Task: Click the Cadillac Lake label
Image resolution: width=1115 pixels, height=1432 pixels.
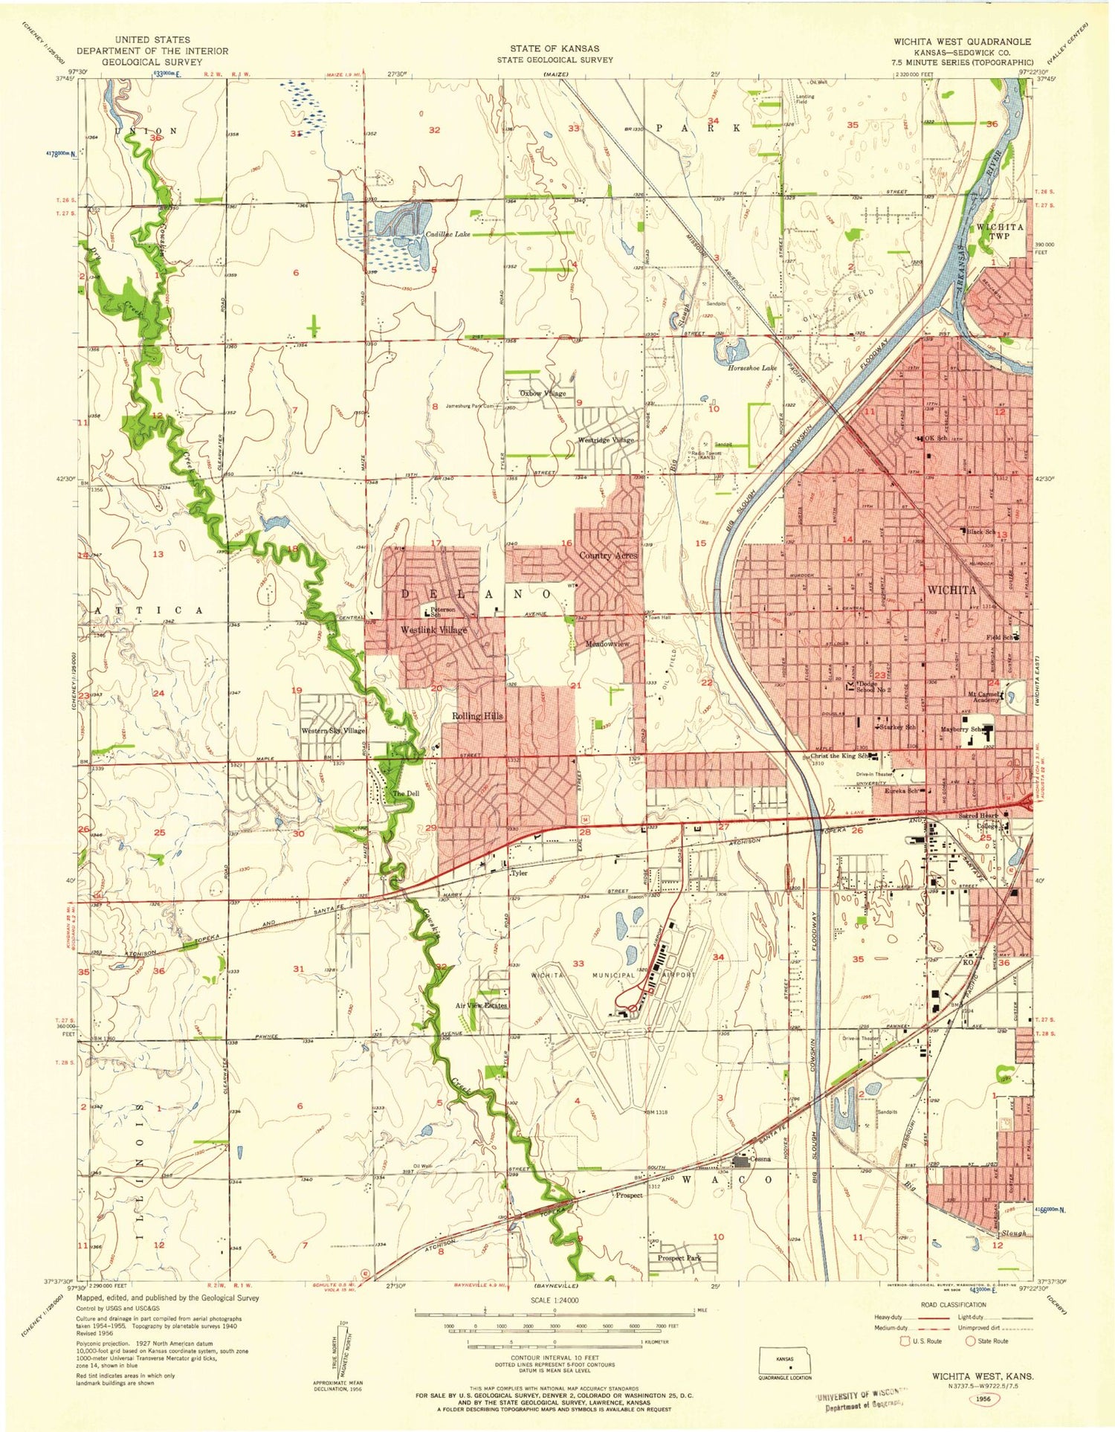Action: pos(447,234)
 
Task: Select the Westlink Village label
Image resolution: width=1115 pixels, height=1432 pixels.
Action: pos(434,630)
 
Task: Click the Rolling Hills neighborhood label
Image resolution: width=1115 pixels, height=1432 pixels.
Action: pos(477,715)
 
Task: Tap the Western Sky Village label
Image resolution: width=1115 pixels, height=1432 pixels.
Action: pos(333,731)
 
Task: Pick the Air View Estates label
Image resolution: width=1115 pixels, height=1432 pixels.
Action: pos(481,1005)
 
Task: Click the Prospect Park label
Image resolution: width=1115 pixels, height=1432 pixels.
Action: pos(679,1258)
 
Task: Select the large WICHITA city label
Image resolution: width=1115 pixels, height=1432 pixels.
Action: pos(951,590)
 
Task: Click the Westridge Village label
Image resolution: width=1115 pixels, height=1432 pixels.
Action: pos(607,440)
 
